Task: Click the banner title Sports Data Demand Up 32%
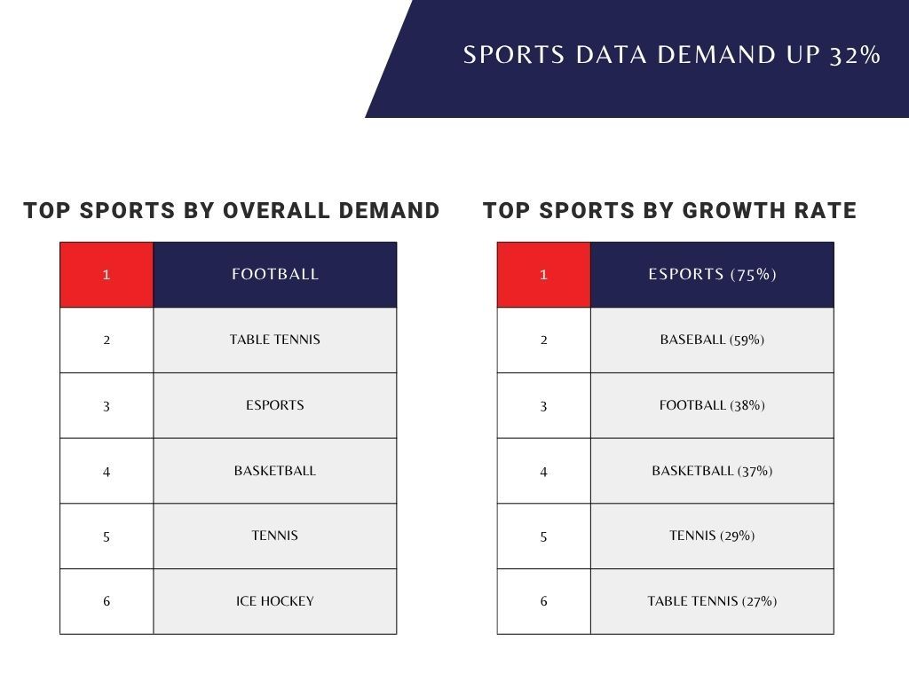672,55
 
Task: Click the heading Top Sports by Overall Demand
232,210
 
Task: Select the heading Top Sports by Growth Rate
669,210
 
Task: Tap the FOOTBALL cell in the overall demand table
275,275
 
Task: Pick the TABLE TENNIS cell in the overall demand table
275,340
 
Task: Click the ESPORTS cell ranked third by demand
275,405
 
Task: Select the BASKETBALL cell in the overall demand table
275,471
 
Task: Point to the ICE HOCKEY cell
275,602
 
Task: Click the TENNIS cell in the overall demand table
275,536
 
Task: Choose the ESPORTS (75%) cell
712,275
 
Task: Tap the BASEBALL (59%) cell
712,340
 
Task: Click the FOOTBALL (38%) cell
712,405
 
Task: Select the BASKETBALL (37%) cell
712,471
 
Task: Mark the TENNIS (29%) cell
712,536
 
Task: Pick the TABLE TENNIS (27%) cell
712,602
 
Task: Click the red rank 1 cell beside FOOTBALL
107,275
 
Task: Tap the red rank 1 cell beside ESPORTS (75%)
544,275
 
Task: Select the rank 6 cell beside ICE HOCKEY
107,602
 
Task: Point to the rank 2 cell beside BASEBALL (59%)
544,340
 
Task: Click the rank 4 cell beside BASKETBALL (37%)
544,471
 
